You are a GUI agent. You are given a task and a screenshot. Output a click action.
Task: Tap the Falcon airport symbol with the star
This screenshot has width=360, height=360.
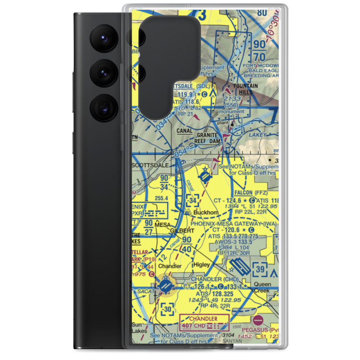205,176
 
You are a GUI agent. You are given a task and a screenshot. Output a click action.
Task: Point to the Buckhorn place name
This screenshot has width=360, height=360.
206,212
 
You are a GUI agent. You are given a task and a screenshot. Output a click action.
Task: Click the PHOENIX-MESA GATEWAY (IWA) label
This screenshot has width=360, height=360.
234,224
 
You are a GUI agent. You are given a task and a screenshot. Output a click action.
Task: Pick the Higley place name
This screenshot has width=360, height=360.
202,265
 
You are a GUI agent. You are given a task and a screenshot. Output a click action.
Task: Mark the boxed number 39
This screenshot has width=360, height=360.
260,269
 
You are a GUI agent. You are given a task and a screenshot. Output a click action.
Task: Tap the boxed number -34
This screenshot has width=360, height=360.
193,200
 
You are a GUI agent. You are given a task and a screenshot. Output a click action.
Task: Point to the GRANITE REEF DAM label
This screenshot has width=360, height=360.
207,138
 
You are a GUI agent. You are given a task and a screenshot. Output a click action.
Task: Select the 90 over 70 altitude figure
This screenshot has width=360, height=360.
259,50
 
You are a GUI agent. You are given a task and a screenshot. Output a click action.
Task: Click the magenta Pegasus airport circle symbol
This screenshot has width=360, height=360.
258,320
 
